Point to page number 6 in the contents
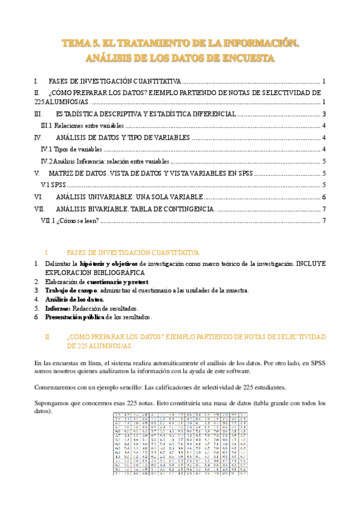click(x=324, y=197)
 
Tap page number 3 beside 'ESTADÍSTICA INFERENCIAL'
click(x=324, y=114)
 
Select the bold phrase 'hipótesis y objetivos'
click(x=110, y=263)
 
